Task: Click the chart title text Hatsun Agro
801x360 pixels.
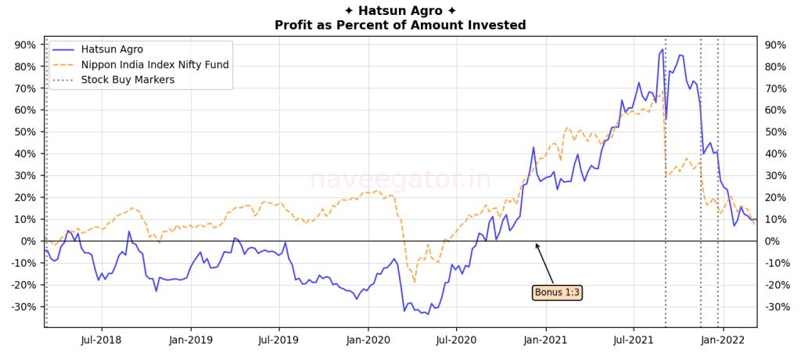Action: [400, 11]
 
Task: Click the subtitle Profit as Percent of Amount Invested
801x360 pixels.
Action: [400, 26]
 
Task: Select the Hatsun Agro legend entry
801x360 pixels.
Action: [112, 49]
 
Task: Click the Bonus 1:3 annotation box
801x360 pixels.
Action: [557, 293]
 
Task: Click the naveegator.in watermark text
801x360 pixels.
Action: [400, 180]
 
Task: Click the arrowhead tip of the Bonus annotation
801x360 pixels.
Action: [536, 243]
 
